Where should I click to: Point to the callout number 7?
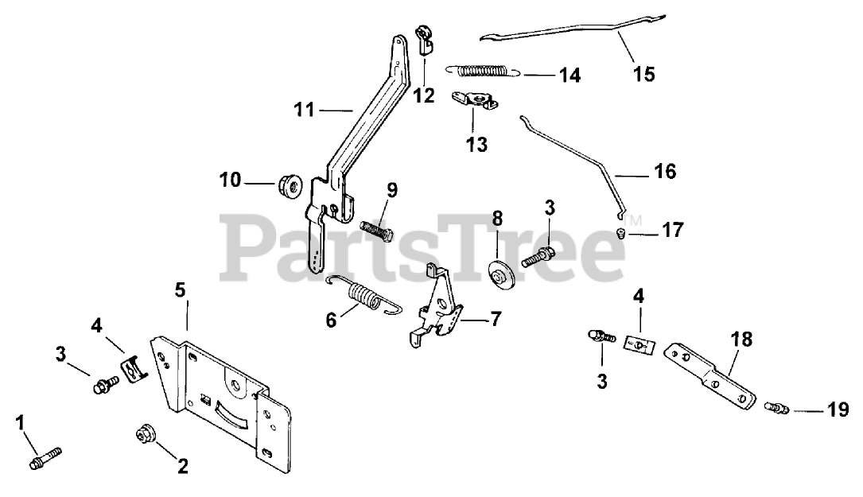pos(496,320)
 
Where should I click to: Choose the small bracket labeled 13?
pos(473,102)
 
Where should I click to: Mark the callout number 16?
pos(665,171)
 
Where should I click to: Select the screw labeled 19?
pos(776,409)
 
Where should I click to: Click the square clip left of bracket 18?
pos(636,344)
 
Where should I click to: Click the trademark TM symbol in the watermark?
pos(632,219)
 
